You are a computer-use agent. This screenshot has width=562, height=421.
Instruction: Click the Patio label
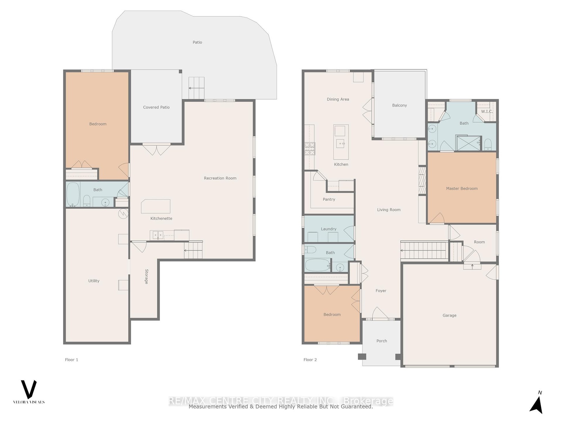[x=197, y=42]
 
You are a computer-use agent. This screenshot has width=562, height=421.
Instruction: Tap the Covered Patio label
[x=156, y=107]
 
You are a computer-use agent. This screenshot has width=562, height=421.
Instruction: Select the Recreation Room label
[x=220, y=178]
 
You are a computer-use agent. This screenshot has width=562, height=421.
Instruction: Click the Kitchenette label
[x=161, y=218]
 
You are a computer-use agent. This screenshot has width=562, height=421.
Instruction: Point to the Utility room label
[x=94, y=281]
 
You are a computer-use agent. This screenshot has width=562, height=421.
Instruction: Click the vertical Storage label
[x=146, y=276]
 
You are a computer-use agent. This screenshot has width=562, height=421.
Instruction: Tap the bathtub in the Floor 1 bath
[x=73, y=194]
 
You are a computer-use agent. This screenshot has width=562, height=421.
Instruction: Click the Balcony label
[x=399, y=105]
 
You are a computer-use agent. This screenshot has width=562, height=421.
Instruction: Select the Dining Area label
[x=338, y=99]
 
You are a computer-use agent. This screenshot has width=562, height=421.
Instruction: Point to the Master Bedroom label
[x=462, y=188]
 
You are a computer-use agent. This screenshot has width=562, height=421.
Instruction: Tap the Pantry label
[x=329, y=199]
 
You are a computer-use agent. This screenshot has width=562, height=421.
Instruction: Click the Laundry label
[x=328, y=229]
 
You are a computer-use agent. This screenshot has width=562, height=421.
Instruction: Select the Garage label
[x=449, y=315]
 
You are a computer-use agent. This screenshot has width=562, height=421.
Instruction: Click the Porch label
[x=381, y=341]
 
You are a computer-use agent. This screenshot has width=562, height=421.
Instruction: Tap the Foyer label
[x=381, y=290]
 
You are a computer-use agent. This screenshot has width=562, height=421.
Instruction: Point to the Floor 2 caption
[x=310, y=360]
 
